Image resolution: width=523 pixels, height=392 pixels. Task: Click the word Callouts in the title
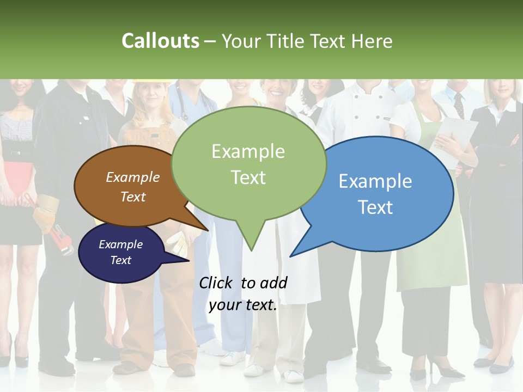point(160,41)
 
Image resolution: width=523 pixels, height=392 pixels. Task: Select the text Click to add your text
point(243,294)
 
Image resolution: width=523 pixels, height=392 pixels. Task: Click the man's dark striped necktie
point(459,105)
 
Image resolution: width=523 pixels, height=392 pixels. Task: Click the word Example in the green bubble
point(248,151)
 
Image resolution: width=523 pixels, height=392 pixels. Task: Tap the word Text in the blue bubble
point(376,207)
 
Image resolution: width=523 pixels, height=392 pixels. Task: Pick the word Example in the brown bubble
point(133,177)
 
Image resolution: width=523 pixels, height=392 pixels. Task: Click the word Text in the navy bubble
point(121,260)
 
